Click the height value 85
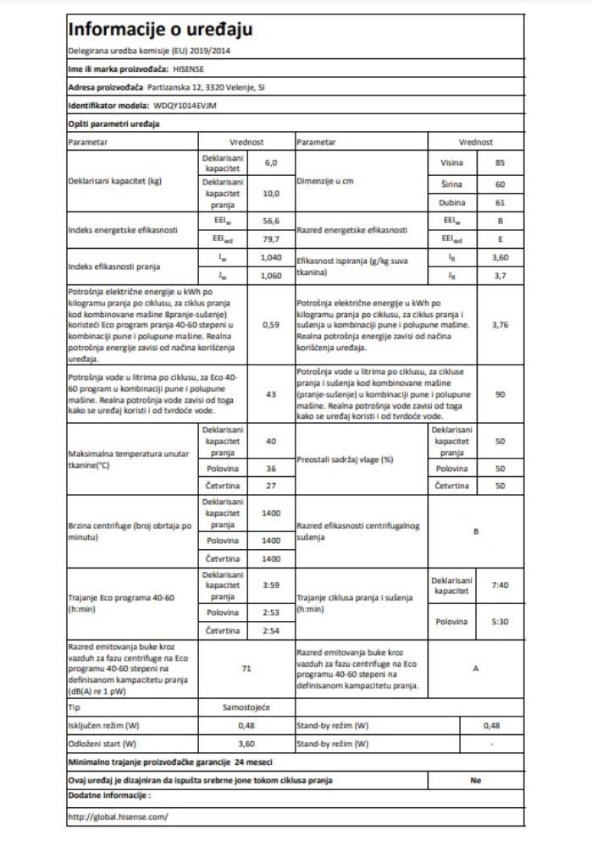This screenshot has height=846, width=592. tap(500, 162)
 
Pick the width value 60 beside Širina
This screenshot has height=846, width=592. tap(500, 184)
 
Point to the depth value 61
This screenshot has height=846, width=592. tap(500, 204)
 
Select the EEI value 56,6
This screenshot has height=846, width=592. tap(271, 221)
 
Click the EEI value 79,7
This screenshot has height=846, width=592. tap(271, 239)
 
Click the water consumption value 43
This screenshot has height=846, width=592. tap(271, 394)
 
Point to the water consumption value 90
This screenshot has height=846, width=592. tap(500, 394)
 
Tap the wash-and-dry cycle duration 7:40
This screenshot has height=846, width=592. tap(500, 585)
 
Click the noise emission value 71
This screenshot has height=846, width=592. tap(246, 668)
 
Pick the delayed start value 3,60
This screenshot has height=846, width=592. tap(246, 744)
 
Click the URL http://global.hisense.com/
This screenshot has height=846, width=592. tap(118, 816)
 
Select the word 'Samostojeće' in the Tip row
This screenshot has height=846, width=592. tap(246, 705)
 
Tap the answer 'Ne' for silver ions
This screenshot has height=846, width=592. tap(475, 780)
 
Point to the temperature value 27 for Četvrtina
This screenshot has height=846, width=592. tap(271, 486)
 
